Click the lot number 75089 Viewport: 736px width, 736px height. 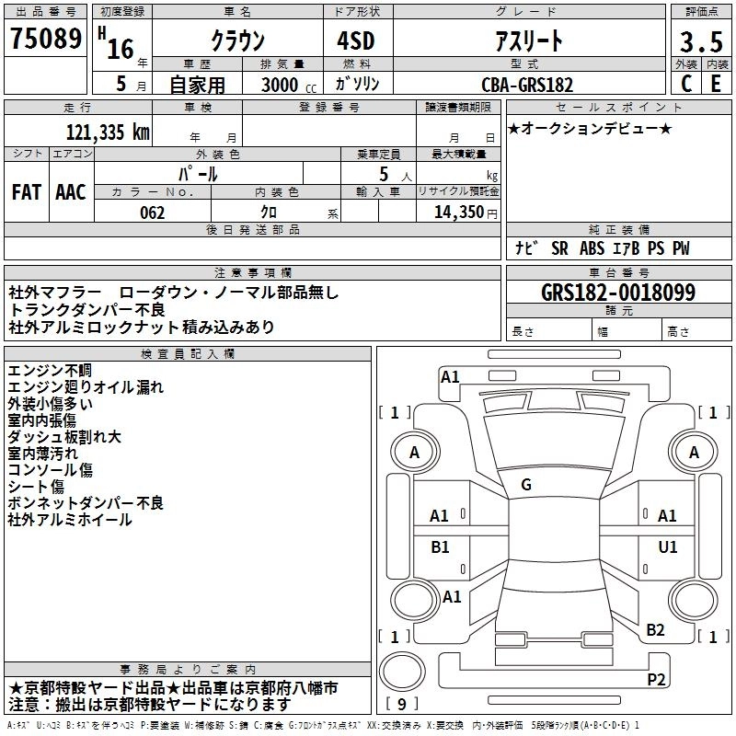click(x=45, y=40)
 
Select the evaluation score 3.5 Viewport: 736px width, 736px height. click(x=700, y=41)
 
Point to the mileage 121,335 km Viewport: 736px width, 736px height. click(x=107, y=132)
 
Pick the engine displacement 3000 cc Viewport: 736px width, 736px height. click(x=284, y=85)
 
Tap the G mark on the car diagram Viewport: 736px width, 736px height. click(x=526, y=485)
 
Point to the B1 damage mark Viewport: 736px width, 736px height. click(x=440, y=546)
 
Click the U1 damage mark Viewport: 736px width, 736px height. click(x=668, y=546)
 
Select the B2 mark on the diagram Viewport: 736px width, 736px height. click(x=655, y=629)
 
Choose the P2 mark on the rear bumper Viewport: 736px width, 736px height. click(x=656, y=679)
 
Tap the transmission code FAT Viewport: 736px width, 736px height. click(x=27, y=191)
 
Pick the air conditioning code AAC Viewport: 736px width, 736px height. click(x=71, y=191)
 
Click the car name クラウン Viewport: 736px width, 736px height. click(x=236, y=40)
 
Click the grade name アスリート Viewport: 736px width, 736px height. click(x=529, y=40)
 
